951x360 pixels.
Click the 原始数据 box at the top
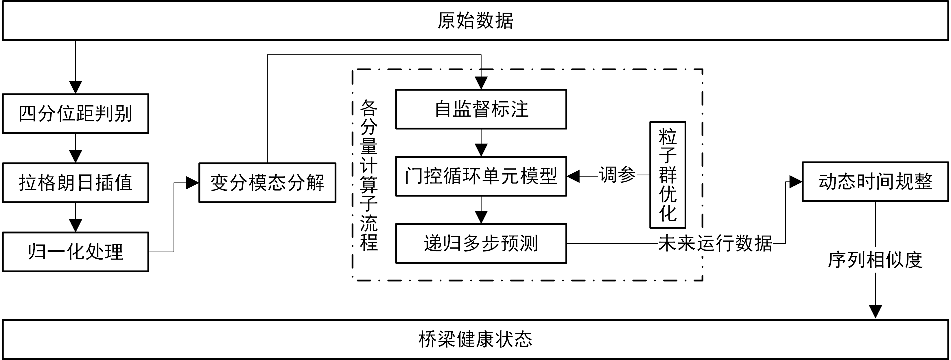coord(475,21)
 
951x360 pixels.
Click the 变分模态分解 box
coord(267,182)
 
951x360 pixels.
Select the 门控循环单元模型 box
coord(481,176)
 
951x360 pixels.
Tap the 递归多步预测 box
coord(481,243)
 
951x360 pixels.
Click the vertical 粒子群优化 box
coord(668,175)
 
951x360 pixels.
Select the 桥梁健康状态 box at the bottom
coord(475,339)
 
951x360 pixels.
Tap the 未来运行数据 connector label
coord(715,243)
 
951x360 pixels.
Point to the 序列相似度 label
coord(875,260)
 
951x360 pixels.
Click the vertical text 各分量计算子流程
coord(368,175)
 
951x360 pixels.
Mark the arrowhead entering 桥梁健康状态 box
coord(875,311)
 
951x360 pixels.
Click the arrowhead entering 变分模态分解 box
coord(192,182)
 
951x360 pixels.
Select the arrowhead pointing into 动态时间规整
coord(795,182)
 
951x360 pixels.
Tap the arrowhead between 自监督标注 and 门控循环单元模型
coord(481,150)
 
